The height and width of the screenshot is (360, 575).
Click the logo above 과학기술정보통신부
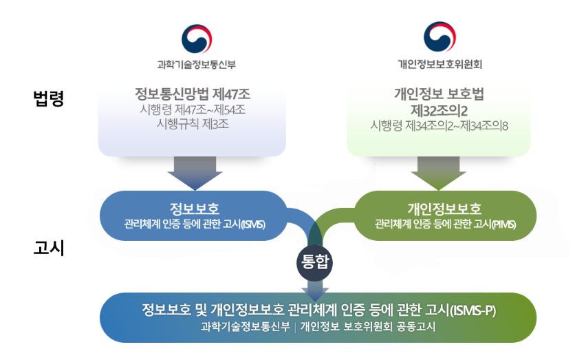[197, 39]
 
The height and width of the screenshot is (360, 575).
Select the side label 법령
[49, 98]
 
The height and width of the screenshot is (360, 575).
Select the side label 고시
[49, 247]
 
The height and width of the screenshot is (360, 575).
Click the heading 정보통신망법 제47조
[192, 94]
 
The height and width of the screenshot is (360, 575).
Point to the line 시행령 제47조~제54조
[192, 109]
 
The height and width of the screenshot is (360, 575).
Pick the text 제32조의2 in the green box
[439, 110]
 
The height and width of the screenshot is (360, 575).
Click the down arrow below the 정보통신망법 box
[194, 173]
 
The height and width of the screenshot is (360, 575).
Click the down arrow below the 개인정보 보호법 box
[438, 173]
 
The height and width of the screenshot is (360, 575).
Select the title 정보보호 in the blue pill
[195, 209]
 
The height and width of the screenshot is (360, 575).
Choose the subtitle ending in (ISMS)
[195, 224]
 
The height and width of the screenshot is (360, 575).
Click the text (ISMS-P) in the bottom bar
[473, 310]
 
